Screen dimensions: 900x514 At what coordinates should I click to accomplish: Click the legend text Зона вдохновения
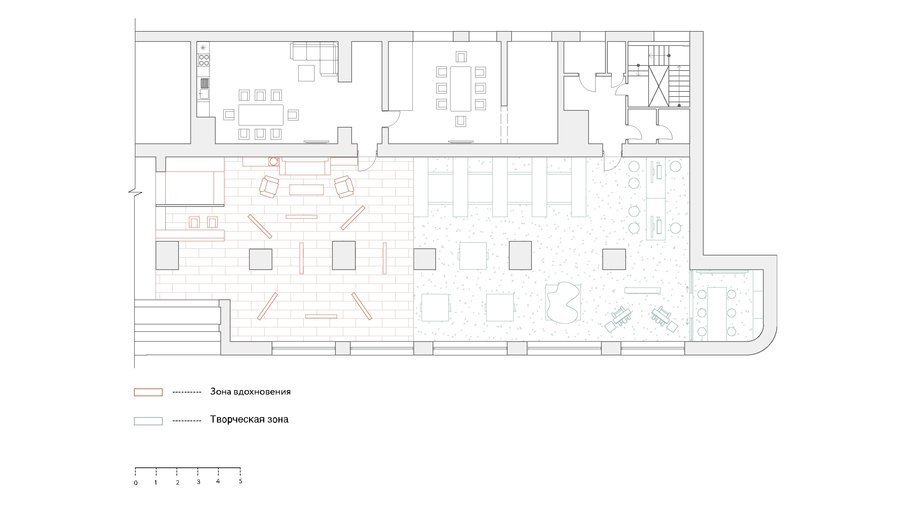(x=250, y=392)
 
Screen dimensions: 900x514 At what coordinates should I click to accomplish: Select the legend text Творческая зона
(x=249, y=419)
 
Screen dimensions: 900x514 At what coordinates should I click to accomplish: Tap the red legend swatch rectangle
(x=148, y=392)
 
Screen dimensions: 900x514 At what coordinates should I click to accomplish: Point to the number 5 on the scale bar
(x=240, y=481)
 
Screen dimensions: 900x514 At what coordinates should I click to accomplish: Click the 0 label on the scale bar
(x=135, y=482)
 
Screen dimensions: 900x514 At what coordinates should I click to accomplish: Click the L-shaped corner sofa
(x=315, y=57)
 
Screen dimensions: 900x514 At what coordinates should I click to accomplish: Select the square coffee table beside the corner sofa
(x=306, y=73)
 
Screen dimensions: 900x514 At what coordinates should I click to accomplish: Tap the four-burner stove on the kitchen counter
(x=204, y=58)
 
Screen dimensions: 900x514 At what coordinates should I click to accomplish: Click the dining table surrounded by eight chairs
(x=261, y=115)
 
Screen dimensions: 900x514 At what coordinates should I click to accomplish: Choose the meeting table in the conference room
(x=460, y=88)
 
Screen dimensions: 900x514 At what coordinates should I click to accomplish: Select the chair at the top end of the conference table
(x=460, y=57)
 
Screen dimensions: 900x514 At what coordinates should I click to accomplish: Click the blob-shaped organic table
(x=563, y=302)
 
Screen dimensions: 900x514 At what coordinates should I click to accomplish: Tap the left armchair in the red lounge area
(x=269, y=185)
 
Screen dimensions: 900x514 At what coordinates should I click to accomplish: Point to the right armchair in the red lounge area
(x=344, y=186)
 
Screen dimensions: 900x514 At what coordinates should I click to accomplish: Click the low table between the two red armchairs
(x=307, y=189)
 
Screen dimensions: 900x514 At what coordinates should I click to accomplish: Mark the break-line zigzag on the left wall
(x=135, y=191)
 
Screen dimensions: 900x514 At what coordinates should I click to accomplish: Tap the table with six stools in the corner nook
(x=716, y=311)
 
